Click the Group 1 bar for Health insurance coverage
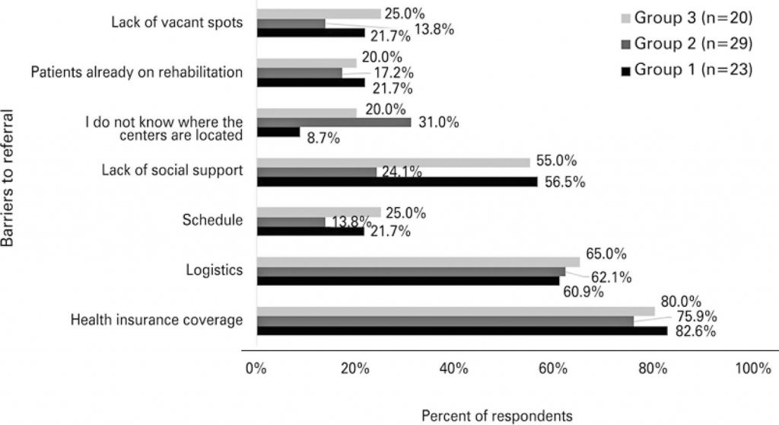coord(462,331)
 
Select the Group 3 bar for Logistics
coord(418,262)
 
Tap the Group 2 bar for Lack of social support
coord(316,172)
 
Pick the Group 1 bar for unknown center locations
coord(278,132)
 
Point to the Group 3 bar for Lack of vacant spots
coord(319,13)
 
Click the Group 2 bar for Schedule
coord(291,222)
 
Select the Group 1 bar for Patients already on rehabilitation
coord(310,82)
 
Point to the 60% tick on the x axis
coord(553,369)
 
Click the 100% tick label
coord(752,369)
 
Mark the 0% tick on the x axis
coord(256,369)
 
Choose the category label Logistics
coord(214,270)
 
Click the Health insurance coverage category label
coord(156,320)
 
